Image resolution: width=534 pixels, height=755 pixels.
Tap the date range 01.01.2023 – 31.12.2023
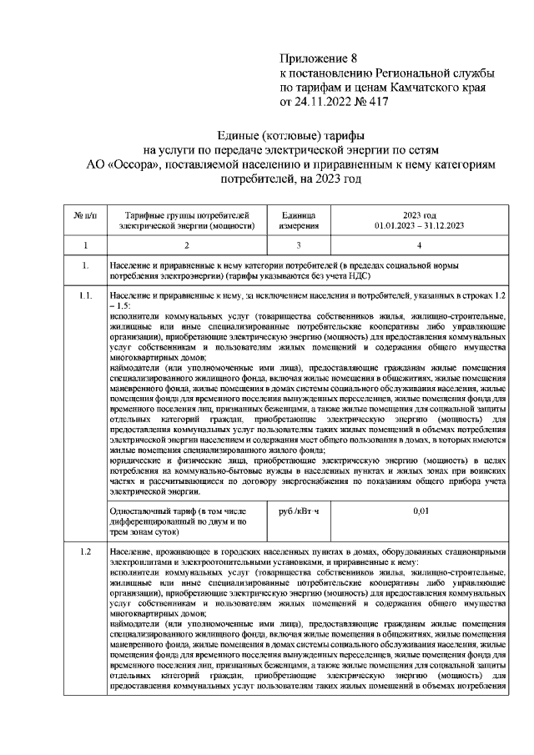[419, 225]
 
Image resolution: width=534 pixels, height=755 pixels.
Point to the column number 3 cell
[297, 245]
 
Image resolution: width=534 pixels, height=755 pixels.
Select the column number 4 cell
[419, 245]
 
